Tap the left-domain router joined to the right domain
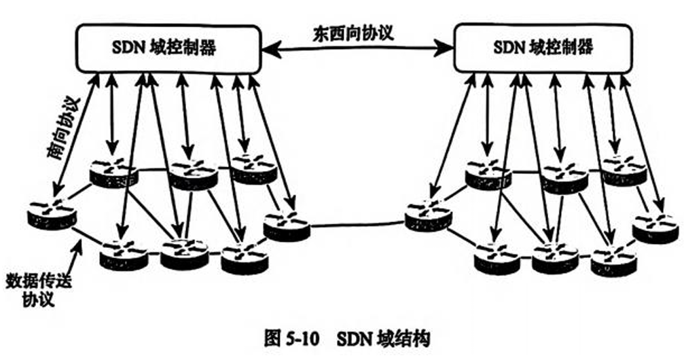point(287,227)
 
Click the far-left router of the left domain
point(52,215)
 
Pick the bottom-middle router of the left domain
point(184,253)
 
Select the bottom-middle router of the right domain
point(555,255)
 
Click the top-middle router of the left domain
point(193,175)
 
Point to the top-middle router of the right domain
point(564,178)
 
